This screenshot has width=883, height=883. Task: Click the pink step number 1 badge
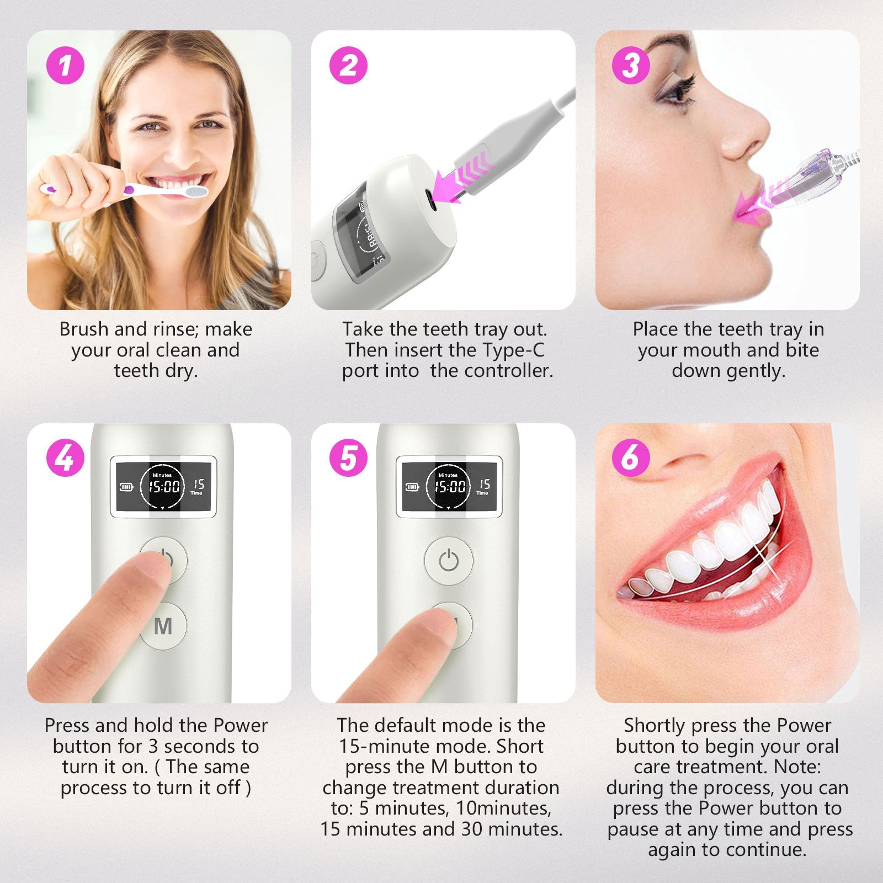pyautogui.click(x=65, y=65)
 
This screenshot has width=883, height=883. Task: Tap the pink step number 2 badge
pyautogui.click(x=348, y=65)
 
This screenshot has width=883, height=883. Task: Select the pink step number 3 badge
pyautogui.click(x=631, y=65)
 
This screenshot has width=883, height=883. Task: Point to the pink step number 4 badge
pyautogui.click(x=65, y=458)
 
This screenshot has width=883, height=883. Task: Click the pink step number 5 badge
pyautogui.click(x=348, y=458)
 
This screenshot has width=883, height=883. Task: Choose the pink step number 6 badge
pyautogui.click(x=631, y=458)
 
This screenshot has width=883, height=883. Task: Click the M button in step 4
pyautogui.click(x=163, y=627)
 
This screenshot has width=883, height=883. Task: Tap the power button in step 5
pyautogui.click(x=448, y=561)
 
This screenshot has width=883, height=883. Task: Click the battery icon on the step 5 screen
pyautogui.click(x=412, y=487)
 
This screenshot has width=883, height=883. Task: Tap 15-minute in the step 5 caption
pyautogui.click(x=386, y=746)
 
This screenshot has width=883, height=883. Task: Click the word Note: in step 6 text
pyautogui.click(x=797, y=767)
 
